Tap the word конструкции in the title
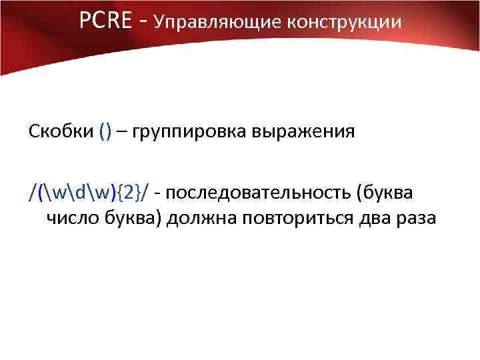pos(345,23)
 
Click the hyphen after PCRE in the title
pos(143,23)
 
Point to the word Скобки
pos(61,131)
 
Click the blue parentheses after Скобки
pos(105,131)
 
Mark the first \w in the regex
pos(55,193)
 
